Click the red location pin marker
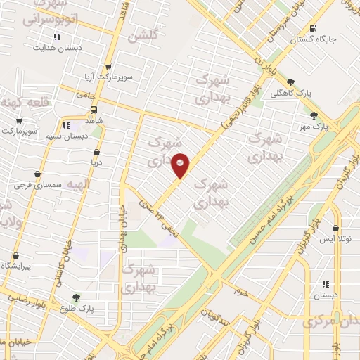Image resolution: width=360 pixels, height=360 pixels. coord(181,165)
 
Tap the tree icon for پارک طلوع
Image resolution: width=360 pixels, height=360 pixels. coord(76,298)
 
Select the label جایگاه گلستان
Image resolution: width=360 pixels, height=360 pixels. coord(314,39)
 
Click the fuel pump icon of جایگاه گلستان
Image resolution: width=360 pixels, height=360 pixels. coord(312,28)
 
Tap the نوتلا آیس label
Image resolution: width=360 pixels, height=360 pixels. coord(336,240)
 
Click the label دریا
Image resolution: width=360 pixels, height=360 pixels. coord(96,162)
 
